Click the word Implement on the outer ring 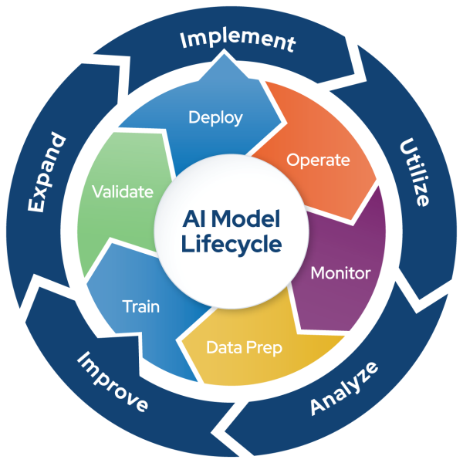click(238, 40)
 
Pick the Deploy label click(216, 118)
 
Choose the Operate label click(318, 161)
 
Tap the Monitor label click(340, 273)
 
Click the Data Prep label click(244, 347)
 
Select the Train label click(141, 306)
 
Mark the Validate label click(122, 191)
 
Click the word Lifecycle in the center click(231, 245)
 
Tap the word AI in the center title click(191, 219)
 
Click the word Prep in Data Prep click(265, 348)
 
